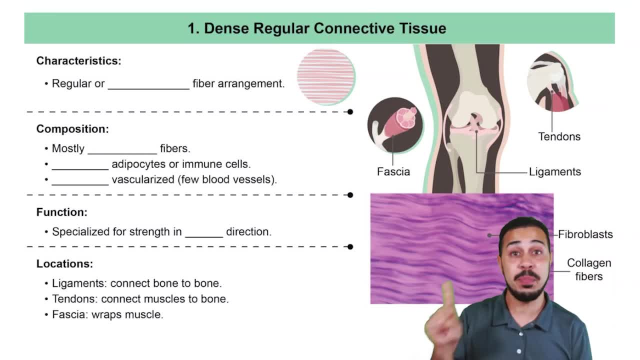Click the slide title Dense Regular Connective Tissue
click(317, 28)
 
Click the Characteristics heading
click(78, 61)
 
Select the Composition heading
click(72, 129)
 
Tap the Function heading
click(62, 212)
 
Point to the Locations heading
click(64, 263)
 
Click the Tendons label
click(559, 136)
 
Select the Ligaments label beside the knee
click(555, 172)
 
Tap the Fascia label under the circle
click(393, 171)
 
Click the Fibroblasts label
click(585, 234)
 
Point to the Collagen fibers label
click(589, 269)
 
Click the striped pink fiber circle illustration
click(326, 76)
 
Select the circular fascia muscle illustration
click(395, 125)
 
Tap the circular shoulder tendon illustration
click(552, 81)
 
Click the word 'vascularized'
click(143, 179)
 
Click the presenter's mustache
click(526, 275)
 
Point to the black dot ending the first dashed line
click(350, 112)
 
